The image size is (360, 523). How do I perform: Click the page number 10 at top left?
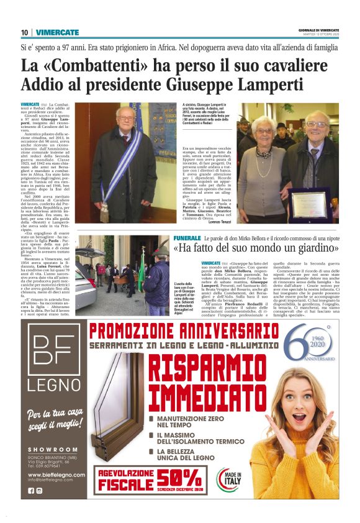point(24,32)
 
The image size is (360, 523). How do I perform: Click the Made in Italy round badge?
point(228,478)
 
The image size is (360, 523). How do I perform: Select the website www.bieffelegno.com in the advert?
point(56,474)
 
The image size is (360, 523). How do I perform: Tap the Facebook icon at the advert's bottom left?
point(31,491)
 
